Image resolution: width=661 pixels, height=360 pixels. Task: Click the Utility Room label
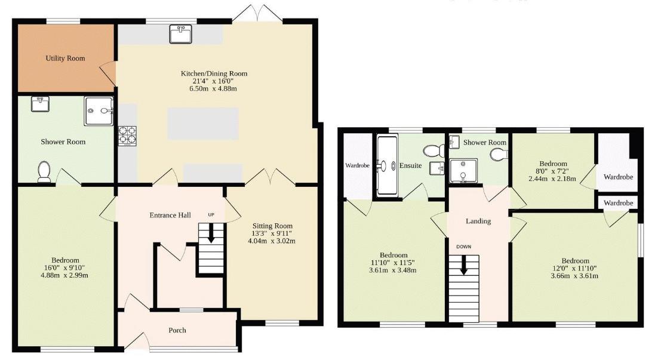point(65,58)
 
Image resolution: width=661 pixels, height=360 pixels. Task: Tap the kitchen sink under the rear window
point(180,34)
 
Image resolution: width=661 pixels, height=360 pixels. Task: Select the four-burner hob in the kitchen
point(127,136)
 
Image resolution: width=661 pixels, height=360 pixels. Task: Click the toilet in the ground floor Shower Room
point(44,172)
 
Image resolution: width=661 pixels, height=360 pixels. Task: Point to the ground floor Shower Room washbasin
point(41,104)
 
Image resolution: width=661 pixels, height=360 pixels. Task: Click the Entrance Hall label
point(170,216)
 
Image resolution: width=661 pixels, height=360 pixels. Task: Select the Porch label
point(177,330)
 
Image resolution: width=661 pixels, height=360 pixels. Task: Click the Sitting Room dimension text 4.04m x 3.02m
point(272,241)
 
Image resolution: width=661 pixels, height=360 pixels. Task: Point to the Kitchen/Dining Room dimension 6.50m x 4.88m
point(213,88)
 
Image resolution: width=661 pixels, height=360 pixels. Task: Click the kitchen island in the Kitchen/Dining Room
point(203,124)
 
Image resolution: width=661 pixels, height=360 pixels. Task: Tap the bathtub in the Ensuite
point(387,165)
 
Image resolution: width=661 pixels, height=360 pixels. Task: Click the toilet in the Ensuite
point(434,150)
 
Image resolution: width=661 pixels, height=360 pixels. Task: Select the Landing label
point(478,221)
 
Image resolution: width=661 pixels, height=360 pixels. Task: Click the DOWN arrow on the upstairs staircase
point(464,265)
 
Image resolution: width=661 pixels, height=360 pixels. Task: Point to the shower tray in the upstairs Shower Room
point(463,171)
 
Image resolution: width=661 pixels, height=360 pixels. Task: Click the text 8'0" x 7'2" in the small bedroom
point(553,171)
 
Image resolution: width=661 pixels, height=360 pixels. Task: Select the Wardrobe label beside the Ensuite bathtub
point(358,165)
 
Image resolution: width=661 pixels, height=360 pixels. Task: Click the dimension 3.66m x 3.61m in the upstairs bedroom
point(574,276)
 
